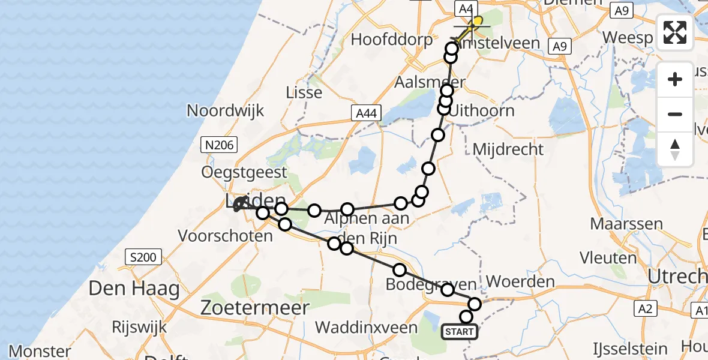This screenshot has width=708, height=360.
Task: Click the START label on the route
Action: (460, 331)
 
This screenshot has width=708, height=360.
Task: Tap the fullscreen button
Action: (675, 32)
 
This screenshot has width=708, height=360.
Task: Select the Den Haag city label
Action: (134, 289)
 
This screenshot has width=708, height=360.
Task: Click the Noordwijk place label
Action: (226, 111)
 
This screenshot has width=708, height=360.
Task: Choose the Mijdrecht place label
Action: (508, 149)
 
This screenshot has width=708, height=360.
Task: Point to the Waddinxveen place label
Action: (366, 328)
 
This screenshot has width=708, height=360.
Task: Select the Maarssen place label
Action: (626, 224)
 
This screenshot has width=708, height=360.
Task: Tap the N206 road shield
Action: (220, 144)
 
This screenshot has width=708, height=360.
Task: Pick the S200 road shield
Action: (143, 258)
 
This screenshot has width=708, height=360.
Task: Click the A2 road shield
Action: (646, 308)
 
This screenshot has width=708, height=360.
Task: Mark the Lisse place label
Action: (304, 92)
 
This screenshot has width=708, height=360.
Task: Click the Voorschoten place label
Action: (225, 236)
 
